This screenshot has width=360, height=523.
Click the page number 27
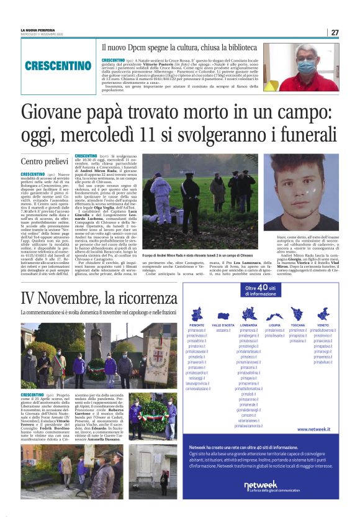(334, 32)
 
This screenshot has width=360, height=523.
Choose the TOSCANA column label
(298, 325)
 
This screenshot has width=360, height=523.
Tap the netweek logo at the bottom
(261, 485)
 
